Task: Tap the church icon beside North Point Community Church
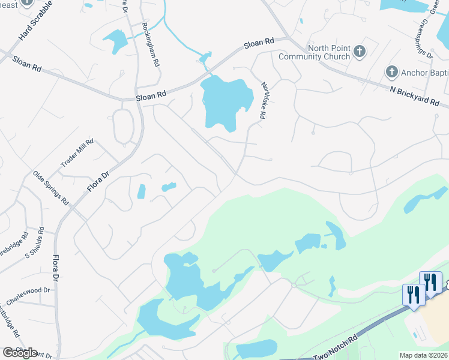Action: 360,51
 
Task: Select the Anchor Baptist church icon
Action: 391,72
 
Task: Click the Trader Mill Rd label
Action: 77,154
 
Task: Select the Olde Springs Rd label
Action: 50,187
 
